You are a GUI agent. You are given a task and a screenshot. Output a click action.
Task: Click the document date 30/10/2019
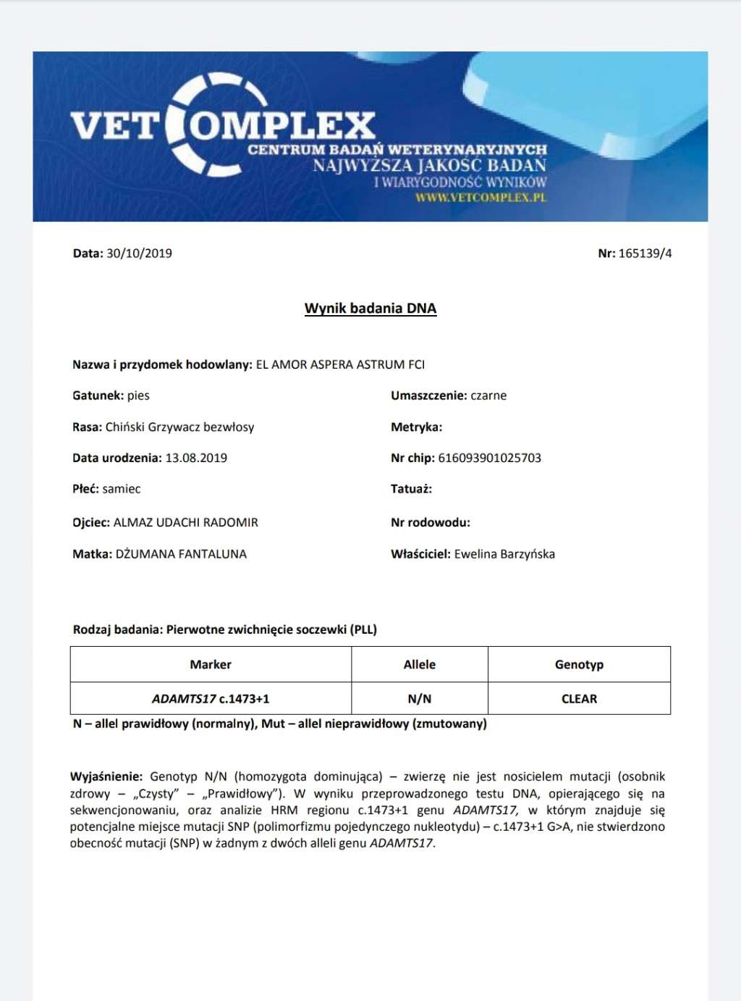point(139,254)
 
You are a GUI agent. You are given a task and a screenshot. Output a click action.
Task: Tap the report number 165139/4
point(645,254)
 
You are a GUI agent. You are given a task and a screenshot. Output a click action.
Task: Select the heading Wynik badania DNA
point(370,309)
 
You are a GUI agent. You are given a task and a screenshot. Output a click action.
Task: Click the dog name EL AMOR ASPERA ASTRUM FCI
point(340,365)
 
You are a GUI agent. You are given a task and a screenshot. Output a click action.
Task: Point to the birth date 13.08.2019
point(196,458)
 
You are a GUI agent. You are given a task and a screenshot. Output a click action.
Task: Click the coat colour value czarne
point(488,396)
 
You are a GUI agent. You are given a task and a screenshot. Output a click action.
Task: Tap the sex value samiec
point(122,490)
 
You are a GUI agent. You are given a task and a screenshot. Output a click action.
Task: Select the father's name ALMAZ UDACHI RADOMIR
point(185,523)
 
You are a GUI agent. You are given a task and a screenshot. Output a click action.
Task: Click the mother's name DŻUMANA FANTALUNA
point(181,555)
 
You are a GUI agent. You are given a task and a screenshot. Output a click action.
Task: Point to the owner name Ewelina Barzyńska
point(504,555)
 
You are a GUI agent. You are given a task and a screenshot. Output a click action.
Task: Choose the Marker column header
point(211,665)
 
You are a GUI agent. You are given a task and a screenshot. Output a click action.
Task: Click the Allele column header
point(420,665)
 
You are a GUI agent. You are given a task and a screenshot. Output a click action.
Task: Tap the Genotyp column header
point(579,665)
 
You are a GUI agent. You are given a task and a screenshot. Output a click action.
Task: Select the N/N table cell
point(420,699)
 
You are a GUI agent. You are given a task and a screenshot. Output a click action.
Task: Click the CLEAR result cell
point(579,699)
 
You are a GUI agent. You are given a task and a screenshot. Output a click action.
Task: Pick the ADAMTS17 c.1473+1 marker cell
point(211,699)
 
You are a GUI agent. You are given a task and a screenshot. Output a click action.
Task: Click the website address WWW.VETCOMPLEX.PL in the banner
point(481,198)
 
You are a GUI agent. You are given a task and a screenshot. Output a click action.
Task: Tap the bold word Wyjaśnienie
point(106,777)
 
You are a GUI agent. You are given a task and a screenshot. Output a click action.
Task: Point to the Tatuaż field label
point(411,490)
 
